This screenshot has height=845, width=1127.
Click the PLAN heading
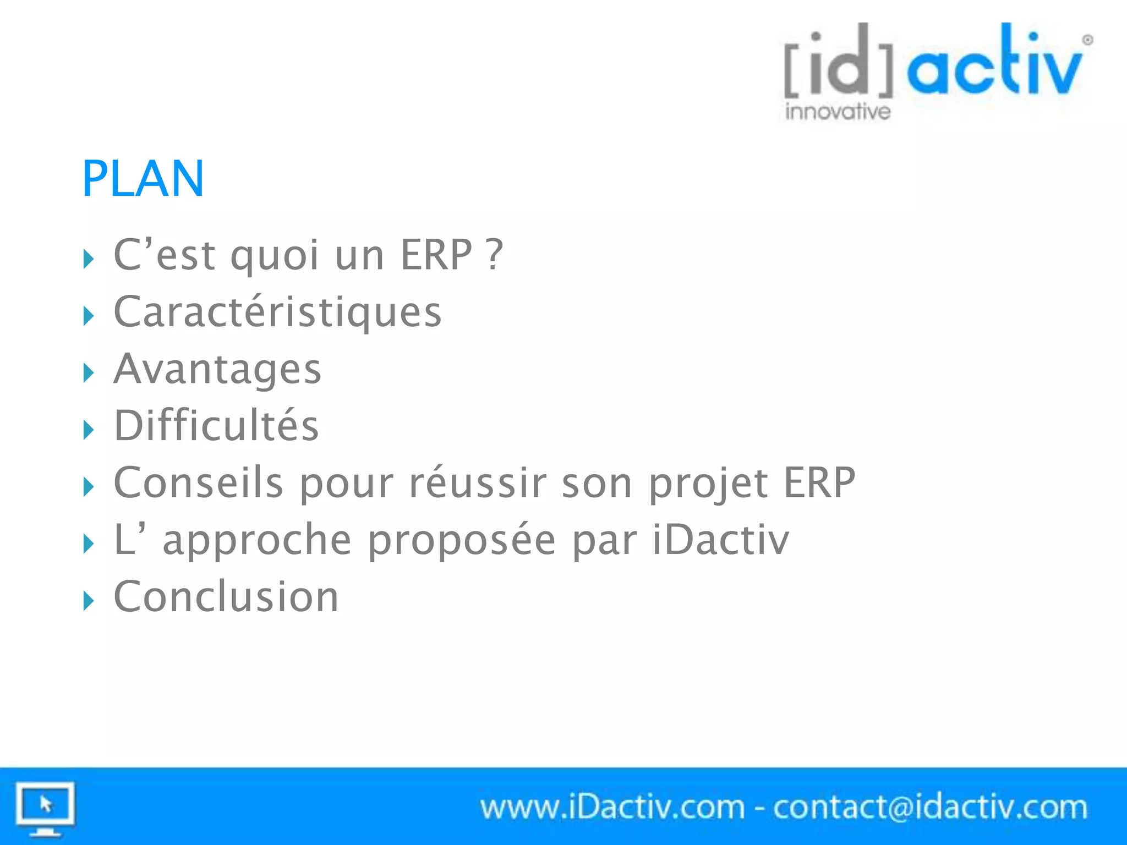click(x=143, y=179)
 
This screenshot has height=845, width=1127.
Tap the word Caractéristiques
click(x=277, y=312)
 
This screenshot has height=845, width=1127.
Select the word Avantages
click(x=217, y=369)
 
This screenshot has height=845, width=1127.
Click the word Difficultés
click(x=216, y=426)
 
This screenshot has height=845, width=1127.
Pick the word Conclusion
click(x=226, y=596)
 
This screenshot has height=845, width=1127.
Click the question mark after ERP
click(x=495, y=255)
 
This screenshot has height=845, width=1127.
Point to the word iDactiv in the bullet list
click(x=721, y=540)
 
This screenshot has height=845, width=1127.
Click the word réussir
click(x=477, y=483)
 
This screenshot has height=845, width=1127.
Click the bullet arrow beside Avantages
click(x=89, y=373)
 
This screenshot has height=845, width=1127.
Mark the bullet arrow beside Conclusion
click(x=89, y=601)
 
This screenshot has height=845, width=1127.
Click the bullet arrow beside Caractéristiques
click(x=89, y=316)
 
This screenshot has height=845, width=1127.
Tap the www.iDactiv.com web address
click(x=612, y=808)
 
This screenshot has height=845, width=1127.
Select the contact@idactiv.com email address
click(x=930, y=808)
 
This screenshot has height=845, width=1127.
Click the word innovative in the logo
click(x=838, y=112)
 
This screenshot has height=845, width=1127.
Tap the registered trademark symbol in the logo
click(x=1087, y=40)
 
